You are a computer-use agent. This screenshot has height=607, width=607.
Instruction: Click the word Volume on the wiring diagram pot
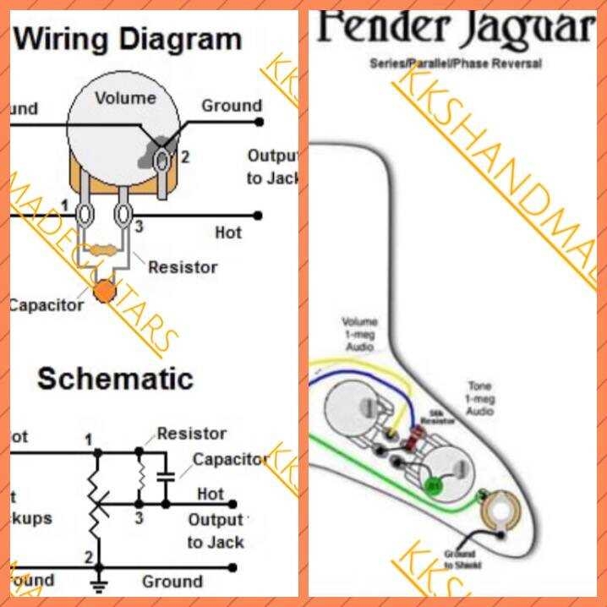click(x=125, y=98)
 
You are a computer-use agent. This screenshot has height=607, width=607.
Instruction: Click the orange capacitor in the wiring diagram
click(x=106, y=292)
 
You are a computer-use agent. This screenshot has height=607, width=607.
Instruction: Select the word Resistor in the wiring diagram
click(x=183, y=267)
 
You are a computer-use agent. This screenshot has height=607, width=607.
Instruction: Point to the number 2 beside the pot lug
click(x=184, y=156)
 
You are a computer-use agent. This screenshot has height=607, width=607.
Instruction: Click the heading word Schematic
click(x=115, y=378)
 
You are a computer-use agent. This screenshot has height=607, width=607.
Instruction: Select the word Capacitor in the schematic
click(x=228, y=460)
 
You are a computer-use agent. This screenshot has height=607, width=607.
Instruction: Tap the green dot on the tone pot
click(x=434, y=486)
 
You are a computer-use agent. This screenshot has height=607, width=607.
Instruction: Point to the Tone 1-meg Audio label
click(x=479, y=398)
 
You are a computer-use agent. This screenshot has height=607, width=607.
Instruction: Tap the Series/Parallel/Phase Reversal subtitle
click(x=456, y=63)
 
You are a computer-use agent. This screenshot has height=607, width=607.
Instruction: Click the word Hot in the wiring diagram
click(x=227, y=232)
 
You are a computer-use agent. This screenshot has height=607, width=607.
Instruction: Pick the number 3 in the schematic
click(x=139, y=518)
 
